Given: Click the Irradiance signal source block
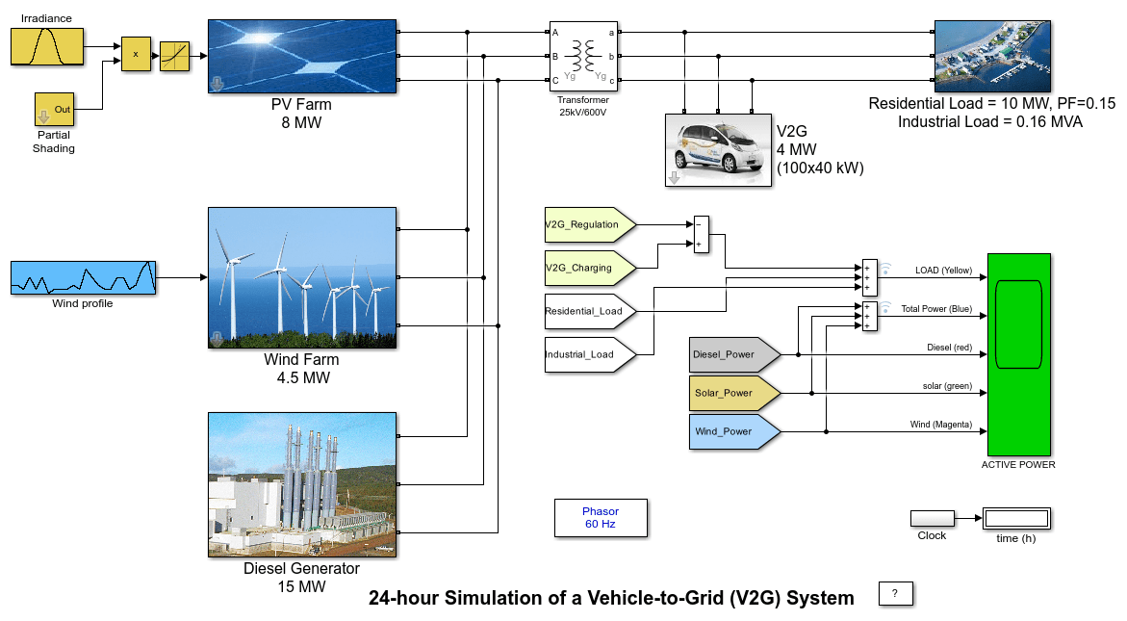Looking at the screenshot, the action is [47, 47].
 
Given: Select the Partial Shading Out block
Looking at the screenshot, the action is [55, 109].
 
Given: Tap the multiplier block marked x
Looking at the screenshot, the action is [136, 54].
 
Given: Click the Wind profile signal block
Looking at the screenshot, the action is [84, 277].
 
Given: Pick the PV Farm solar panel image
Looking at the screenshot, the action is [302, 56].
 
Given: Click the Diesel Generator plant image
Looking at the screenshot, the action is [302, 484].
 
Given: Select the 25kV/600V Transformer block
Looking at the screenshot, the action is [583, 56].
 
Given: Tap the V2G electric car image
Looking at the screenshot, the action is [718, 150].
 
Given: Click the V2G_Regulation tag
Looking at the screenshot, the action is [590, 224].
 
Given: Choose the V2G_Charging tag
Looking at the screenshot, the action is [590, 268].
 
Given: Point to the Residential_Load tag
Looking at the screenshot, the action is [590, 311].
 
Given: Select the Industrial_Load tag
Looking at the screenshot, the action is [590, 354].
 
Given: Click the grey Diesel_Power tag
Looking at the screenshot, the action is [734, 354].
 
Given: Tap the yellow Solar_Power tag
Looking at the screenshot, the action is [734, 393].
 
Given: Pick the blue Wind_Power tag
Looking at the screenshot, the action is [734, 432].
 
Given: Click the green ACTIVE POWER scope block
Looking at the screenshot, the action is [1019, 354].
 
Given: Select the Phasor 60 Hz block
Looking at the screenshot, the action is [601, 518].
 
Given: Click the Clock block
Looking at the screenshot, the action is [933, 518].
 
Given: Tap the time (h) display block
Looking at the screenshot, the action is [1016, 518].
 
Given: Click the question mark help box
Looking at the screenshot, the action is [896, 594].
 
